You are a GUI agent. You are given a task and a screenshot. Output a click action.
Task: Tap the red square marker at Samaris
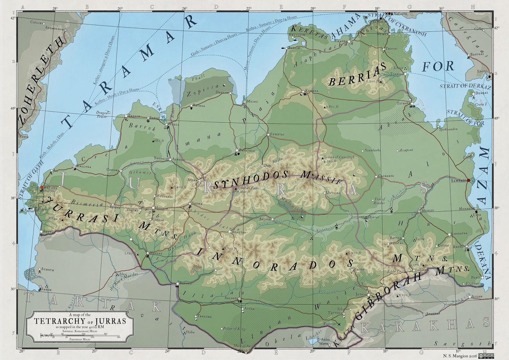pos(468,180)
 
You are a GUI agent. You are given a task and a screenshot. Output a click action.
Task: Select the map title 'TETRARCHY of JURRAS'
pos(80,321)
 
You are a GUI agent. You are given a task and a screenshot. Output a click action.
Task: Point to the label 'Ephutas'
pos(277,134)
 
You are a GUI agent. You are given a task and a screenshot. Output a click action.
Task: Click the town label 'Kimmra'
pos(312,91)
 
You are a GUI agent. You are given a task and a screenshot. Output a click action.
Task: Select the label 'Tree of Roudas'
pos(380,201)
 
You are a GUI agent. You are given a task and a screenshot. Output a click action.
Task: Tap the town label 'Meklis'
pos(428,211)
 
